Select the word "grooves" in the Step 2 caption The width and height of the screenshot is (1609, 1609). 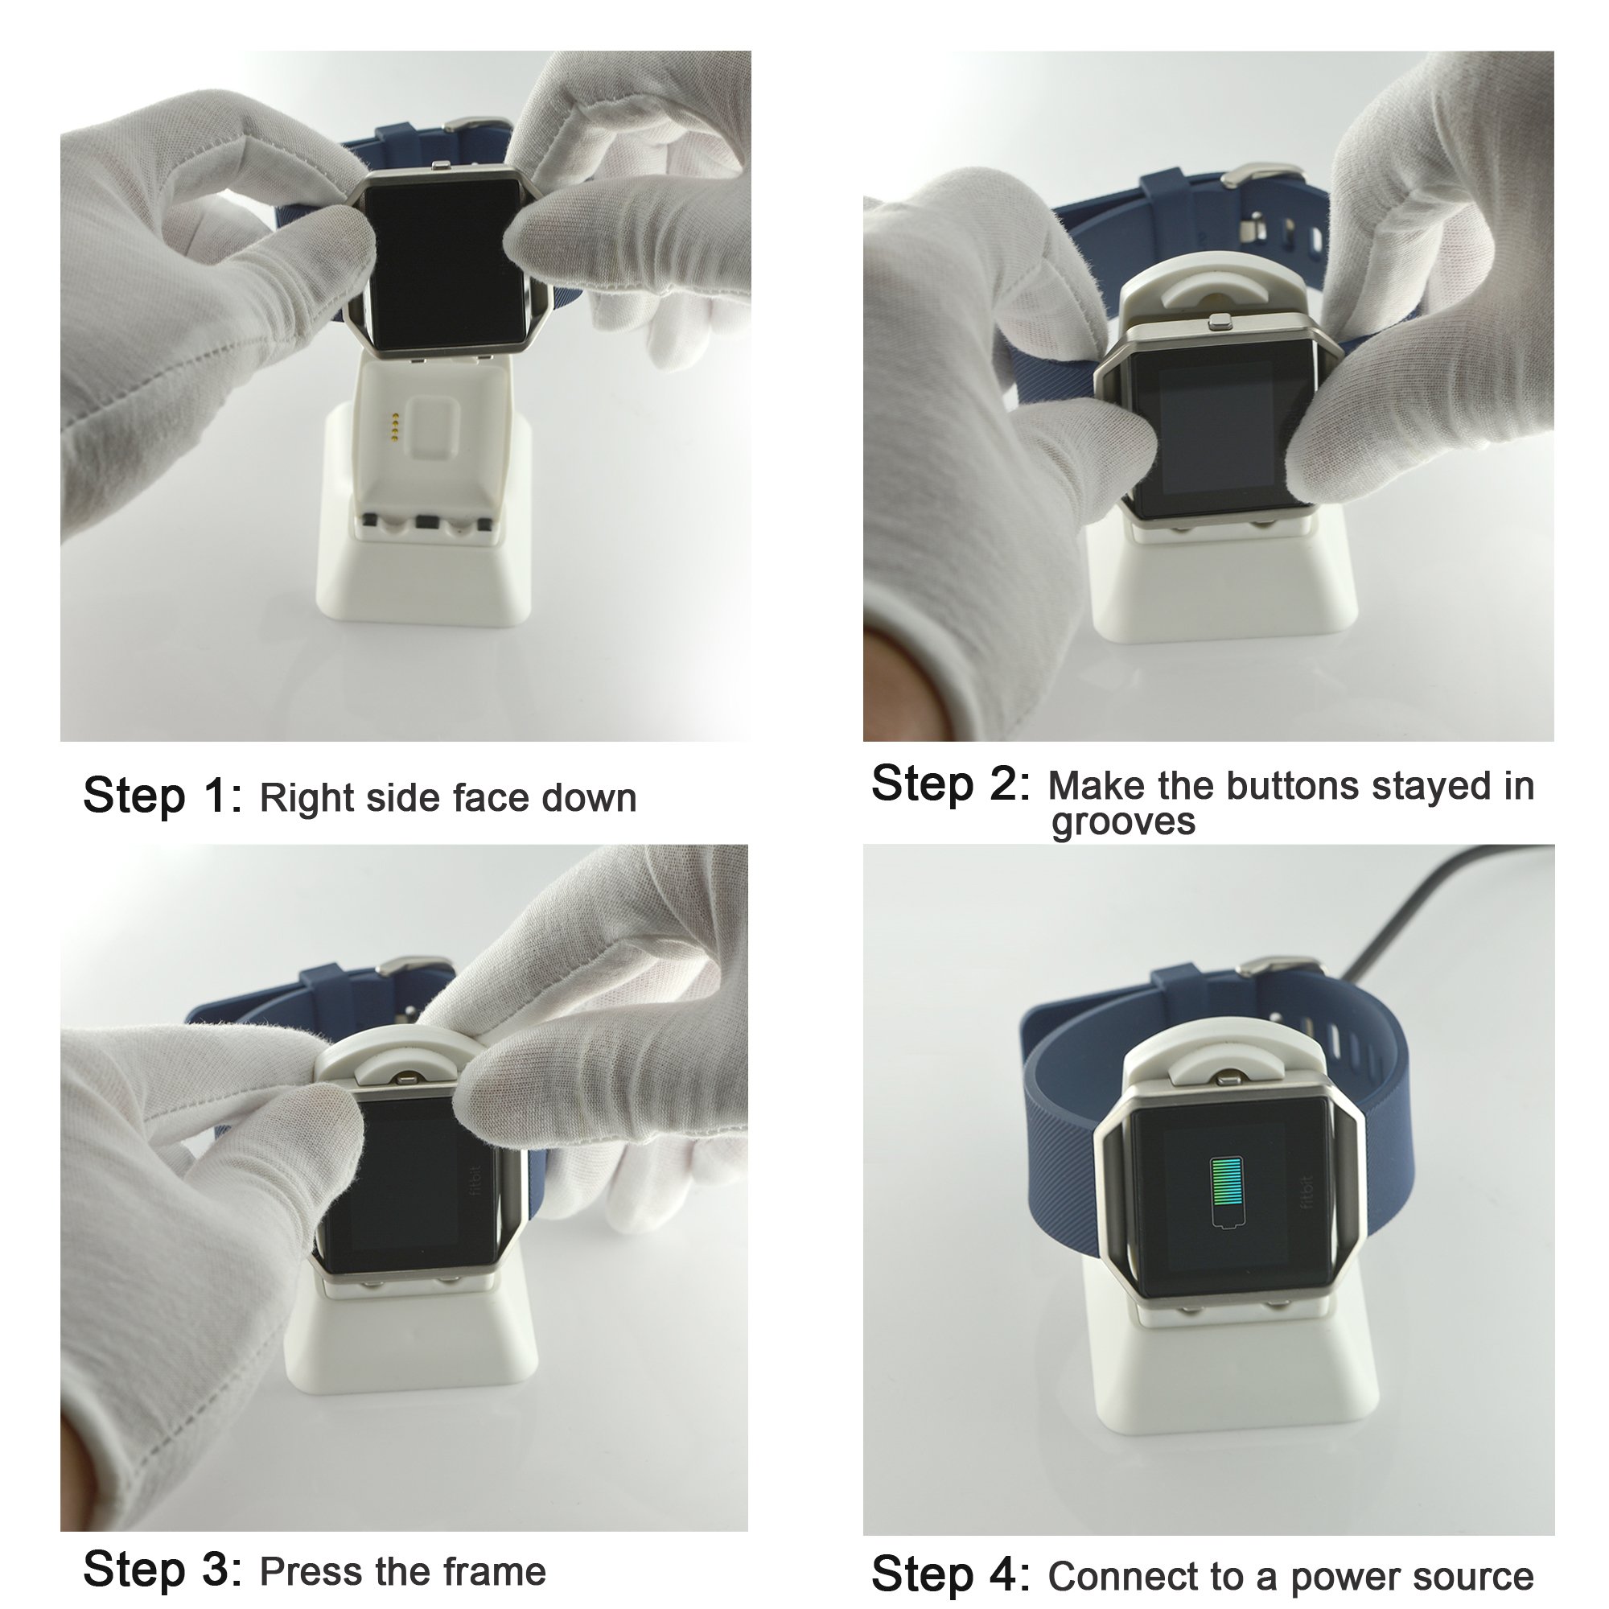1122,822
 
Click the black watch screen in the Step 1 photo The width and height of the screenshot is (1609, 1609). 446,263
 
